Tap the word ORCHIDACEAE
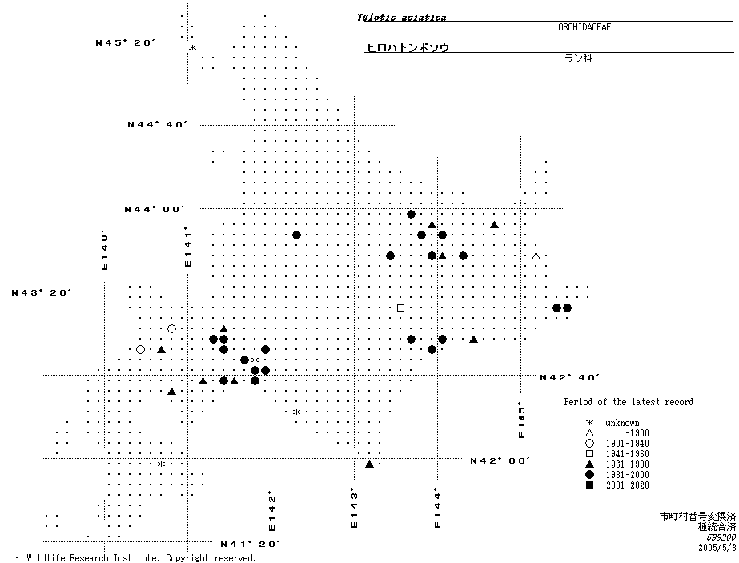click(584, 27)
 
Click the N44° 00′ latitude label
click(154, 209)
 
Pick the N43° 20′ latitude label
click(41, 292)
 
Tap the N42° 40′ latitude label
click(569, 376)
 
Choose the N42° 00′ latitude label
click(500, 460)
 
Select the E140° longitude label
click(104, 251)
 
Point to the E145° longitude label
click(521, 420)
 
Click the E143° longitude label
click(353, 509)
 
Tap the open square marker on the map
click(400, 308)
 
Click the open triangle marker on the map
click(536, 256)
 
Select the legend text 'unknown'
click(622, 423)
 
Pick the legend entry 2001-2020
click(628, 485)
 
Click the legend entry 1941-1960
click(628, 454)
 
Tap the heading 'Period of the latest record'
click(628, 402)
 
